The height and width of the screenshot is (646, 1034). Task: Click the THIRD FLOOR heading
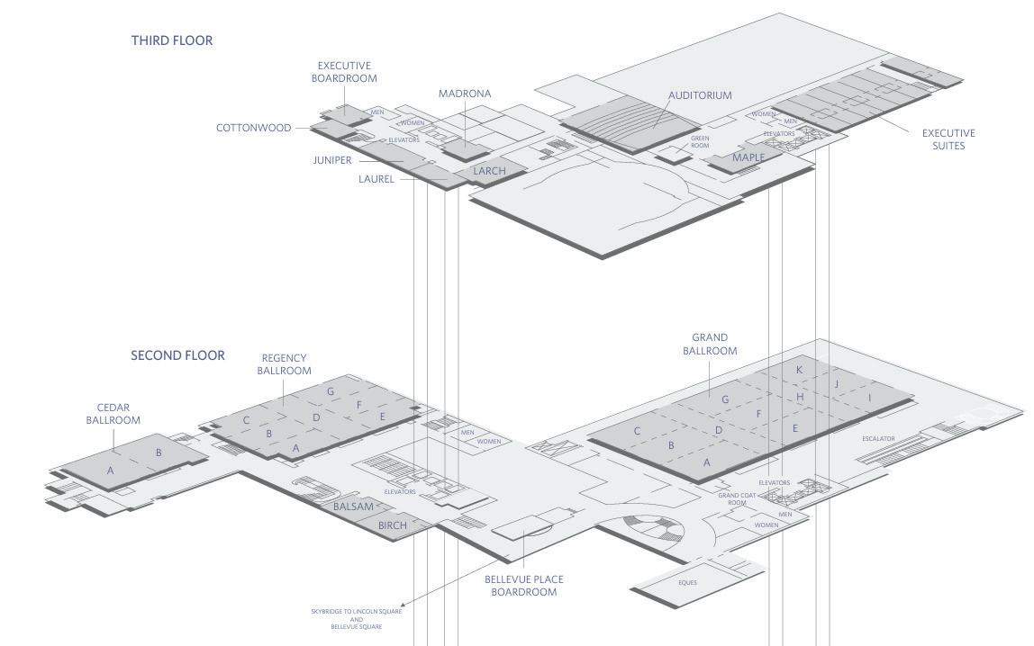(x=172, y=40)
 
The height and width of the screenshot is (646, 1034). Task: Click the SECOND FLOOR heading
(x=177, y=355)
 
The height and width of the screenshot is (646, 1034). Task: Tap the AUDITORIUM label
(x=700, y=95)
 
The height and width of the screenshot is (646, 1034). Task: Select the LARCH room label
(x=489, y=171)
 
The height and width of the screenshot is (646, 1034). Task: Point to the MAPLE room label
(x=748, y=157)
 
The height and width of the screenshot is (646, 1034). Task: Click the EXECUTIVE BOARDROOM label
(x=344, y=72)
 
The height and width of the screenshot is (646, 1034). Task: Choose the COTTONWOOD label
(x=253, y=128)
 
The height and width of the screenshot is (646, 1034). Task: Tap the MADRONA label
(x=465, y=94)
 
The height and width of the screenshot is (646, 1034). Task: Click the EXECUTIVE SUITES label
(x=948, y=139)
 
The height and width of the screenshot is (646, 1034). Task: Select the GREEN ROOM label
(x=700, y=141)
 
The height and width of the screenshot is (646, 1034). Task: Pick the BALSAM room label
(x=353, y=507)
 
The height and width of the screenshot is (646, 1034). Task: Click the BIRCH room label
(x=393, y=525)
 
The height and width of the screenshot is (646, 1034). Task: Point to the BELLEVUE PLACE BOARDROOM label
(x=523, y=586)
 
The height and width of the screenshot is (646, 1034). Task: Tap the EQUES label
(x=687, y=582)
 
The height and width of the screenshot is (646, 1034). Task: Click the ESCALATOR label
(x=878, y=439)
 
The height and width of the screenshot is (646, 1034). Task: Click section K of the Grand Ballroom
(x=799, y=370)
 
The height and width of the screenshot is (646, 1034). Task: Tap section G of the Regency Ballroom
(x=331, y=391)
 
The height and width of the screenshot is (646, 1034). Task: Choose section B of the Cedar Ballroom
(x=159, y=453)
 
